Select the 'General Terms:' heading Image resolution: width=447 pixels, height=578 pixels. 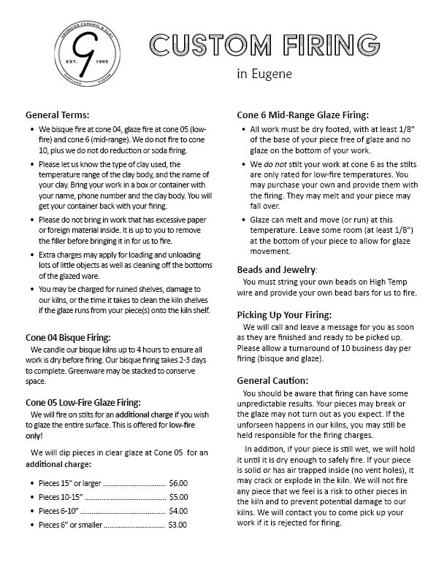click(57, 115)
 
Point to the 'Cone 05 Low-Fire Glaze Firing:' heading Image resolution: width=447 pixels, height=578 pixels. click(83, 402)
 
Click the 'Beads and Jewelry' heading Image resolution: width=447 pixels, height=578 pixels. click(276, 269)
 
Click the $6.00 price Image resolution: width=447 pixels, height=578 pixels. click(178, 483)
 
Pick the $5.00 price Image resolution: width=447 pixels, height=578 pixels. click(178, 497)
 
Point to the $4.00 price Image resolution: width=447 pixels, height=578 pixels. click(178, 511)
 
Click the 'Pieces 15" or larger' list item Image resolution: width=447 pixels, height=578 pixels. click(69, 483)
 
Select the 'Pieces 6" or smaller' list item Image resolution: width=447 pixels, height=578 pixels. click(70, 525)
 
